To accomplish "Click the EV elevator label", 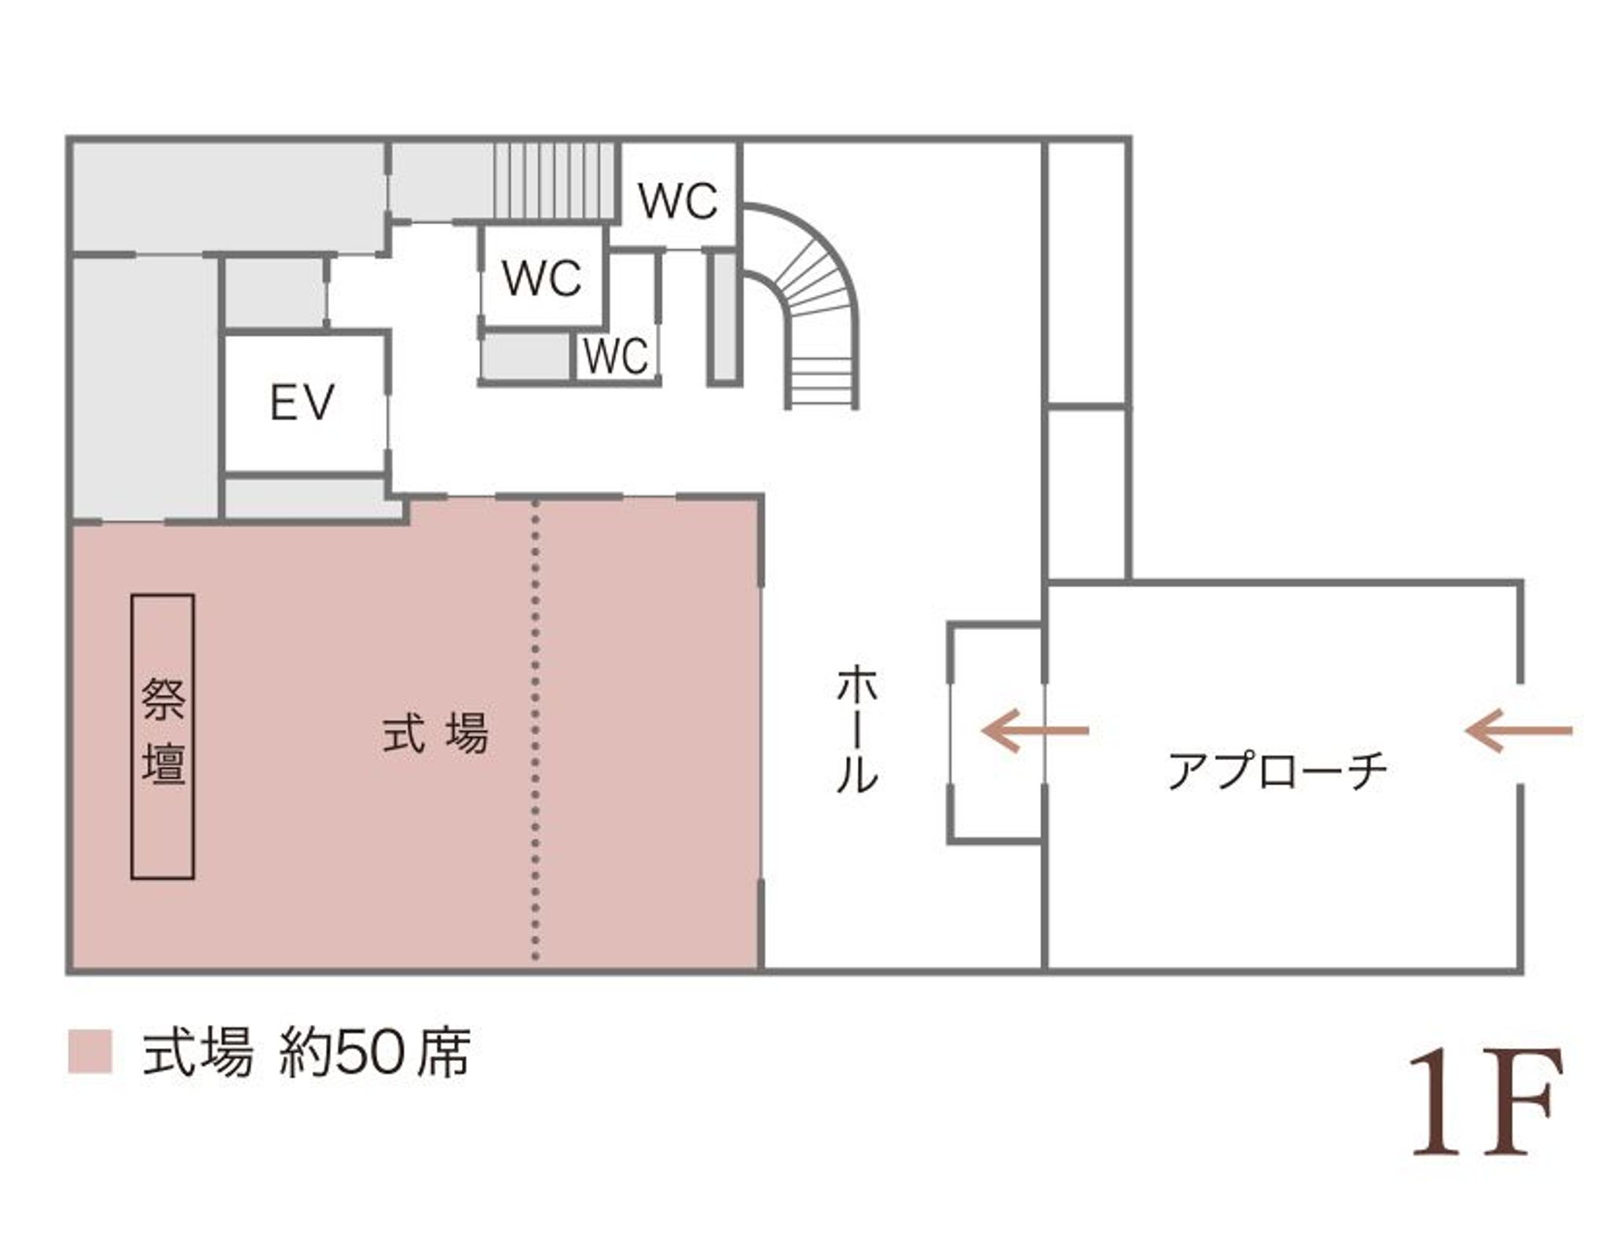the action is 302,403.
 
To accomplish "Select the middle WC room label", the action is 542,277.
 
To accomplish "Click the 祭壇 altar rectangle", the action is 163,736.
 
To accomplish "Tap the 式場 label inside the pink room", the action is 435,733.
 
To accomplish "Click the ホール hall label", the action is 856,730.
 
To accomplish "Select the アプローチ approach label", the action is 1277,771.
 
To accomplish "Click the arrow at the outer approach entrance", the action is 1518,731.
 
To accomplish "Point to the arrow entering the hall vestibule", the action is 1035,731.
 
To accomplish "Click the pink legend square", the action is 90,1052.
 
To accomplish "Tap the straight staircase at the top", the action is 553,182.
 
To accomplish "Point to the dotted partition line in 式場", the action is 536,731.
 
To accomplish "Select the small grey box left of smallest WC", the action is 526,356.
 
